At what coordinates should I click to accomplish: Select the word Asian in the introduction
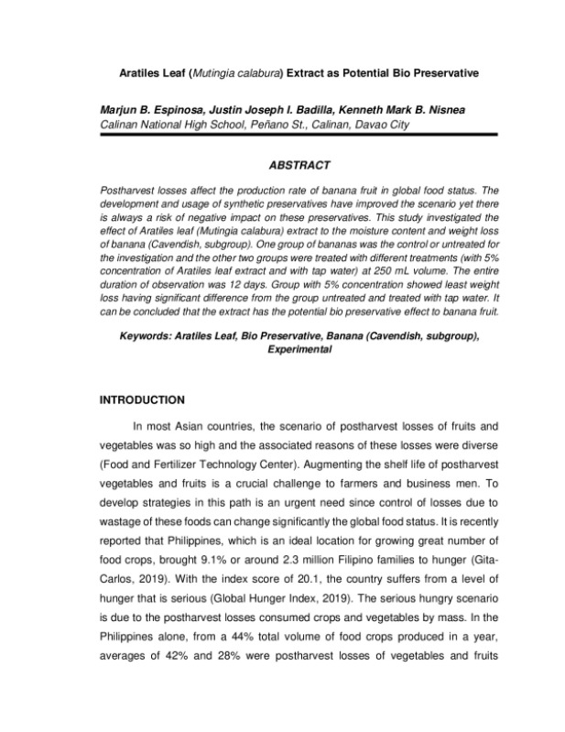point(201,428)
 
